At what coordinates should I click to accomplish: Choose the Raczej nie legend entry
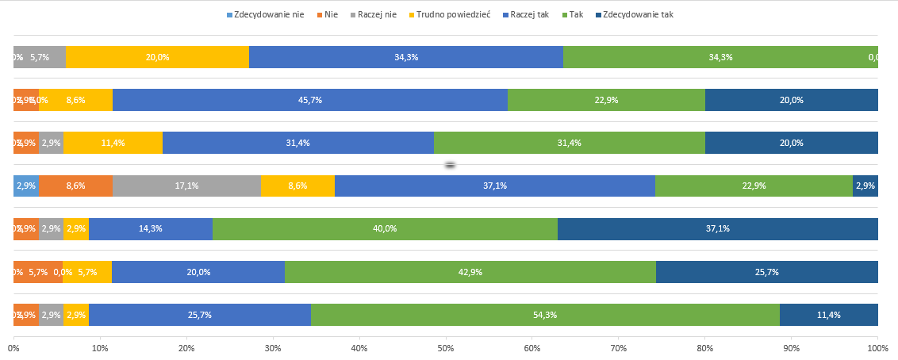pos(377,14)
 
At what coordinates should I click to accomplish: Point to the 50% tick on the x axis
pos(445,348)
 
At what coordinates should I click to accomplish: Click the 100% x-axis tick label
pos(877,348)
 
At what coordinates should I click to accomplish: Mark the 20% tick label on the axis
pos(186,348)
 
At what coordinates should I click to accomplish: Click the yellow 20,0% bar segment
pos(157,57)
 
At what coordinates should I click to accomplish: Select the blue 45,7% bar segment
pos(309,100)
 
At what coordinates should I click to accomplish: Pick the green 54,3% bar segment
pos(546,315)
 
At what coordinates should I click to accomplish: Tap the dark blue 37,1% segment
pos(717,228)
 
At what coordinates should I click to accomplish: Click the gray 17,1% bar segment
pos(186,186)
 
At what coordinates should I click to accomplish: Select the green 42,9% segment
pos(470,272)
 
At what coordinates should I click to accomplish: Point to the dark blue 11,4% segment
pos(828,315)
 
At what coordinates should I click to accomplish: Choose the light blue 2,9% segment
pos(26,186)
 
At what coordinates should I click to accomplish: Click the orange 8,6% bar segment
pos(75,186)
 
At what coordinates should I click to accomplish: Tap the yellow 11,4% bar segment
pos(113,143)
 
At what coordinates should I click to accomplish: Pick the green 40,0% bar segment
pos(385,228)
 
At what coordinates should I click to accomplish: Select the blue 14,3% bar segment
pos(150,228)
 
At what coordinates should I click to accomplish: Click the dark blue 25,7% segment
pos(766,272)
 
